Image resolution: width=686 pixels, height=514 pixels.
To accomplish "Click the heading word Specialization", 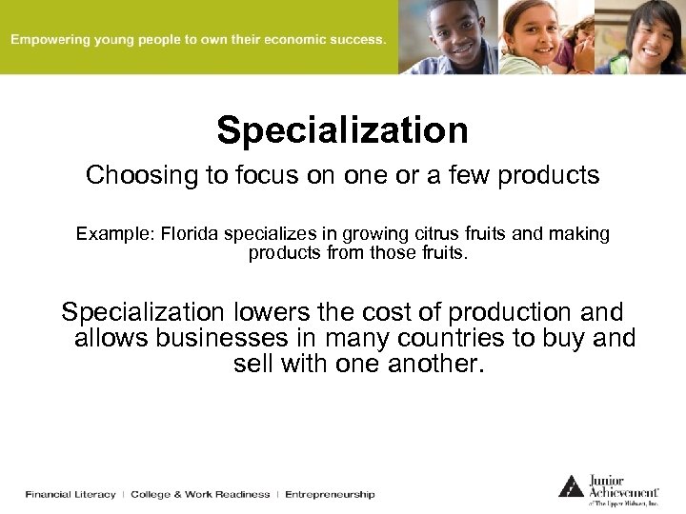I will (x=342, y=130).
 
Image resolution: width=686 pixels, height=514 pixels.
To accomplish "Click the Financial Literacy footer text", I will (x=71, y=495).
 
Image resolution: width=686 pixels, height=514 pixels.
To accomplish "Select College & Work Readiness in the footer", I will (x=200, y=495).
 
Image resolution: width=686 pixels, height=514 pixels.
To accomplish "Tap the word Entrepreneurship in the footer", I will (x=330, y=495).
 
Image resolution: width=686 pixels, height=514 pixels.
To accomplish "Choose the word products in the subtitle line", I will (x=554, y=176).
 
